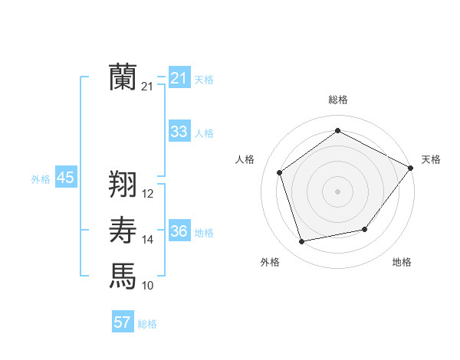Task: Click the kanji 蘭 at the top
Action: (123, 77)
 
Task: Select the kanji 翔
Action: (123, 184)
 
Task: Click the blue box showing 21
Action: (179, 78)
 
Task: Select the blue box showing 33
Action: (179, 132)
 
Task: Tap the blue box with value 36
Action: (179, 231)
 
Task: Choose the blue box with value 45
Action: (65, 178)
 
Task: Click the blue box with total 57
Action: (123, 322)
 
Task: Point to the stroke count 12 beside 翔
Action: (148, 194)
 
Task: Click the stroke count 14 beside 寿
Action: (148, 240)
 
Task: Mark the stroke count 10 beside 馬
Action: (148, 286)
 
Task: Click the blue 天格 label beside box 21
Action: (204, 80)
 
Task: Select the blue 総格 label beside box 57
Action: (147, 324)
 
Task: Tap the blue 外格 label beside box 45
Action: (41, 179)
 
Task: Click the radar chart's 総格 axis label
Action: (337, 100)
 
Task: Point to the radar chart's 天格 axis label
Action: (431, 159)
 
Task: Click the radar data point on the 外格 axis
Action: (301, 241)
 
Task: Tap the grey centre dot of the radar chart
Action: (337, 191)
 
